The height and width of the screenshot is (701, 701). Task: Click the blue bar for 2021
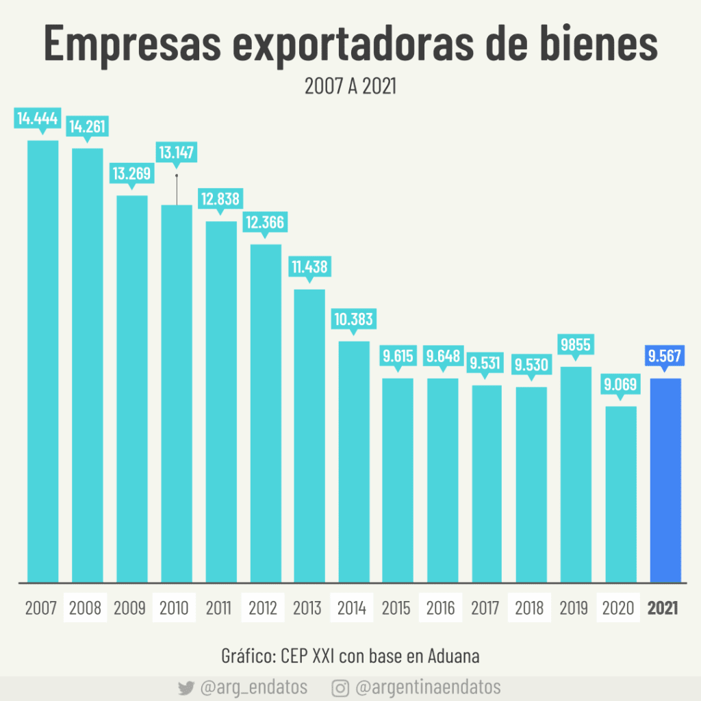pyautogui.click(x=665, y=479)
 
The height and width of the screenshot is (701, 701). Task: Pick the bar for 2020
pyautogui.click(x=621, y=494)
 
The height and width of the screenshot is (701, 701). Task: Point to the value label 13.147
pyautogui.click(x=176, y=153)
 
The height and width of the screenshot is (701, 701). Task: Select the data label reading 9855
pyautogui.click(x=576, y=344)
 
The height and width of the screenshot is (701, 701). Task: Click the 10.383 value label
pyautogui.click(x=353, y=319)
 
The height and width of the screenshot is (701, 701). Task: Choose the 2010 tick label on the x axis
pyautogui.click(x=174, y=607)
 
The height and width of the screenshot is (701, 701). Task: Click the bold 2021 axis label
pyautogui.click(x=663, y=607)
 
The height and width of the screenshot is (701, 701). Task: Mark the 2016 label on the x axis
pyautogui.click(x=441, y=607)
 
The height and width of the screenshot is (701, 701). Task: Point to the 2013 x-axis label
pyautogui.click(x=307, y=607)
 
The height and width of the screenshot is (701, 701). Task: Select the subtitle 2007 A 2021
pyautogui.click(x=350, y=86)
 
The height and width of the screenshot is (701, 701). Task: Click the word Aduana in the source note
pyautogui.click(x=453, y=655)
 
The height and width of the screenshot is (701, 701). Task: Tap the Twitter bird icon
pyautogui.click(x=186, y=688)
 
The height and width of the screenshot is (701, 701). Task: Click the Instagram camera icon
pyautogui.click(x=341, y=687)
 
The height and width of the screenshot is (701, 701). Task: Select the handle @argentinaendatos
pyautogui.click(x=429, y=687)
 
